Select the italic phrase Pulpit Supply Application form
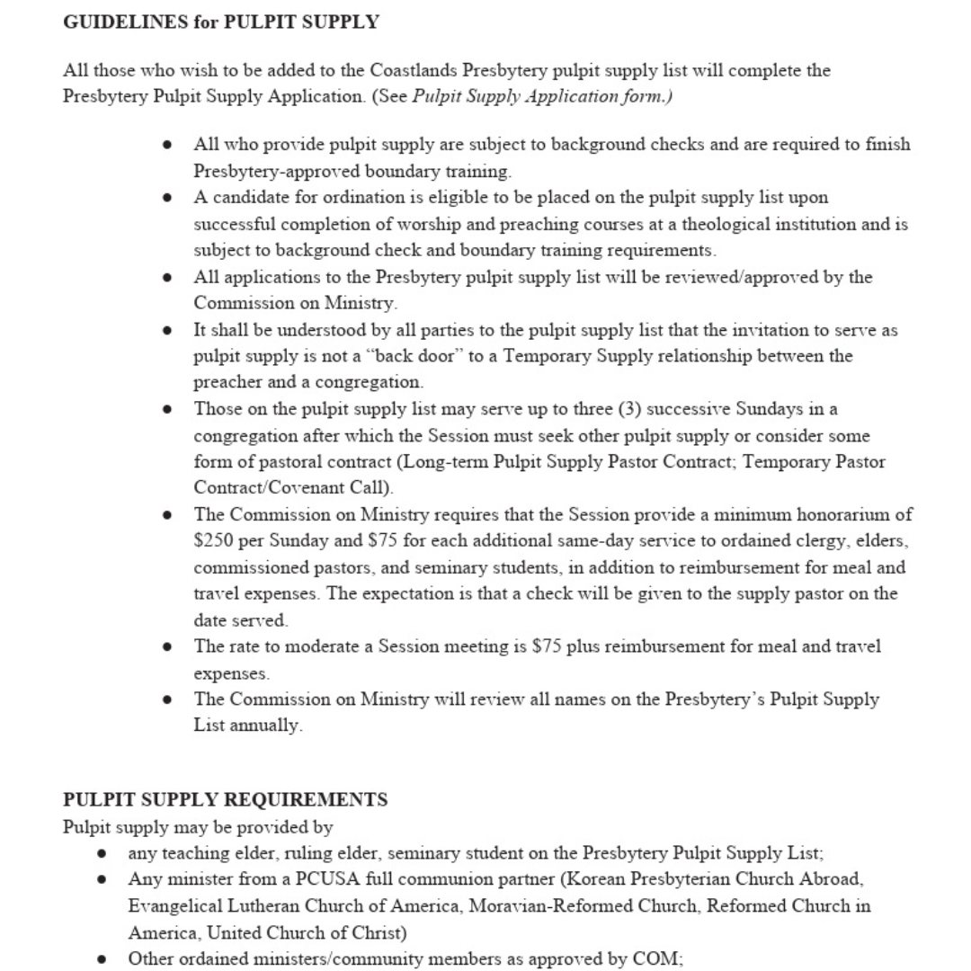539,96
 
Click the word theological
726,224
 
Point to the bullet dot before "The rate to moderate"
167,647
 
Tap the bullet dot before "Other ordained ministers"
102,958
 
